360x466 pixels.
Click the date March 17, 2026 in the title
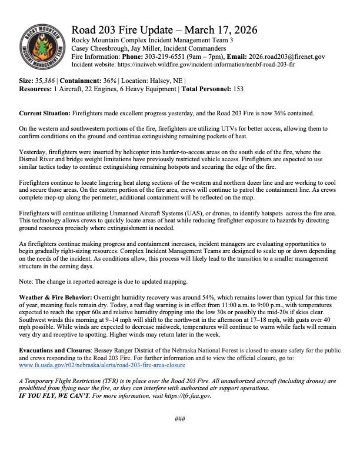coord(213,30)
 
